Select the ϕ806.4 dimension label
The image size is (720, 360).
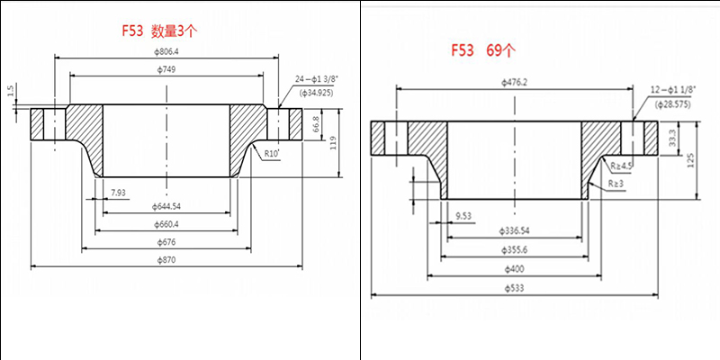(x=166, y=51)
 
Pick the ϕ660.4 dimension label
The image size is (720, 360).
(x=166, y=223)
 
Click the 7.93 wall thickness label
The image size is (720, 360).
(x=119, y=193)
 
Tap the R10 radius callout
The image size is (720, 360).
(x=273, y=154)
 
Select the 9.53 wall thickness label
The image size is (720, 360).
(x=463, y=216)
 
